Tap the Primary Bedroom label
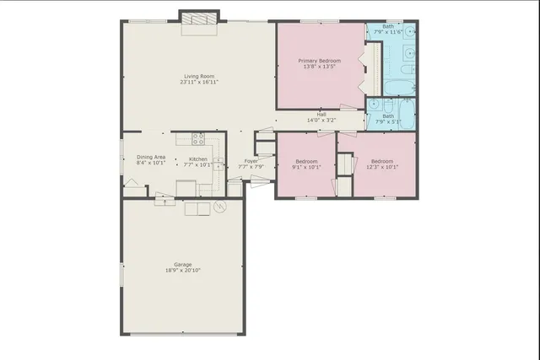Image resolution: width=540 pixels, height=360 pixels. tap(320, 61)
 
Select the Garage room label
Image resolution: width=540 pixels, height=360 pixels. tap(183, 265)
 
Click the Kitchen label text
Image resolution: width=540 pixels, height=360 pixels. tap(198, 159)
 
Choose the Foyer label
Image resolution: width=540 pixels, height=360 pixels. tap(251, 160)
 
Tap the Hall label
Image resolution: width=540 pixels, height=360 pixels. tap(321, 115)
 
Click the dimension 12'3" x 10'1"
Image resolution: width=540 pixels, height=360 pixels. tap(382, 166)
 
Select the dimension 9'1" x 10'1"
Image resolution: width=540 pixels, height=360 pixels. tap(306, 166)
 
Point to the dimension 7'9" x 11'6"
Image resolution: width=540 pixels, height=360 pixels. tap(388, 31)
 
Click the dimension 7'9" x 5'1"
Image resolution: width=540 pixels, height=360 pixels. tap(388, 121)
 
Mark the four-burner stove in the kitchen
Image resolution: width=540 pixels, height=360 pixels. tap(199, 139)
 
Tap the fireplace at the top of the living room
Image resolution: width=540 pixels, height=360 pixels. tap(200, 18)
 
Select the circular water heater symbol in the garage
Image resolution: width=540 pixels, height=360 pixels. tap(221, 207)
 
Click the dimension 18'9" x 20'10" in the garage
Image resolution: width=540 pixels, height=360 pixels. tap(183, 271)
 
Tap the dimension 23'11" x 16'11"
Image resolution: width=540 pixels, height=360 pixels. tap(199, 83)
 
